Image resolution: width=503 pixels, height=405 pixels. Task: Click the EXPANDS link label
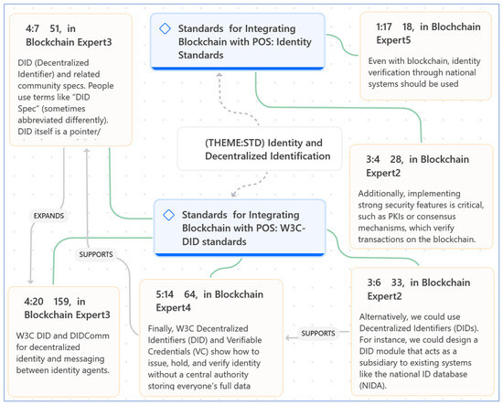(48, 216)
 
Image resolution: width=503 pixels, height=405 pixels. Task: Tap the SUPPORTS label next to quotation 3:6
(318, 334)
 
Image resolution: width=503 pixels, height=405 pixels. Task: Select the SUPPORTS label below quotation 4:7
(96, 254)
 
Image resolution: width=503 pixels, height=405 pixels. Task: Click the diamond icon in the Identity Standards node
(165, 28)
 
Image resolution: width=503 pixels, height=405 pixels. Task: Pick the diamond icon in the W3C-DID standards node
(169, 215)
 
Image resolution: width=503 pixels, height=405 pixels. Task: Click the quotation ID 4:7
(32, 29)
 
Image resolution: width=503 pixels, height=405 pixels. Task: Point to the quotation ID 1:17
(384, 27)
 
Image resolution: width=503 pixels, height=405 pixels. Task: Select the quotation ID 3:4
(373, 159)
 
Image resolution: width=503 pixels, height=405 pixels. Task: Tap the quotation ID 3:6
(374, 282)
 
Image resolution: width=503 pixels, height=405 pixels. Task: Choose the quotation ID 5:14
(165, 294)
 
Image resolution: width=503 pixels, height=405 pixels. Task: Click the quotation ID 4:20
(34, 302)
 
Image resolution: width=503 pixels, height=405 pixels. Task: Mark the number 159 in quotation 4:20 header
(61, 302)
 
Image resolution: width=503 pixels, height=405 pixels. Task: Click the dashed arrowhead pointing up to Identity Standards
(219, 75)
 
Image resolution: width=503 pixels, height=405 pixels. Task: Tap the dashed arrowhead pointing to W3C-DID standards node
(233, 195)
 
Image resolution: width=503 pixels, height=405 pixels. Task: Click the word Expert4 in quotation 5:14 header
(173, 308)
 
